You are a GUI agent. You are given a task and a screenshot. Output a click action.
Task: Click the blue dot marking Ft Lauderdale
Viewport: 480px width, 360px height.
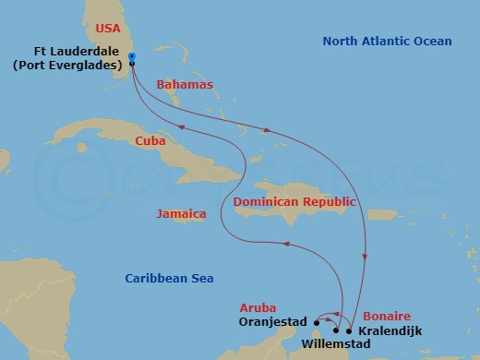pyautogui.click(x=132, y=57)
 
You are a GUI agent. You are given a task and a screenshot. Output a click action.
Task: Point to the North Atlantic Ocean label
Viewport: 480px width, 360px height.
pyautogui.click(x=387, y=42)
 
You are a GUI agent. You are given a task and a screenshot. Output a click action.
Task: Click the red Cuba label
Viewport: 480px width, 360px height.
pyautogui.click(x=150, y=141)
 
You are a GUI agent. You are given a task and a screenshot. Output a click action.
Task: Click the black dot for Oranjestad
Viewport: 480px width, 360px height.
pyautogui.click(x=317, y=322)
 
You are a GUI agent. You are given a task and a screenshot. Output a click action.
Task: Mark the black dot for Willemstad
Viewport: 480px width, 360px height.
pyautogui.click(x=336, y=330)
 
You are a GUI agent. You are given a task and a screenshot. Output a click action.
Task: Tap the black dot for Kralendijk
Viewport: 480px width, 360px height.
pyautogui.click(x=348, y=330)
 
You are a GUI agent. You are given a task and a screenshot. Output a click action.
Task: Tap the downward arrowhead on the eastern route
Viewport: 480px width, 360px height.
pyautogui.click(x=367, y=259)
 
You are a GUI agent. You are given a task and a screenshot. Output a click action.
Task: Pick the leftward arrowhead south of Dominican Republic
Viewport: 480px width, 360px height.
pyautogui.click(x=285, y=245)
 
